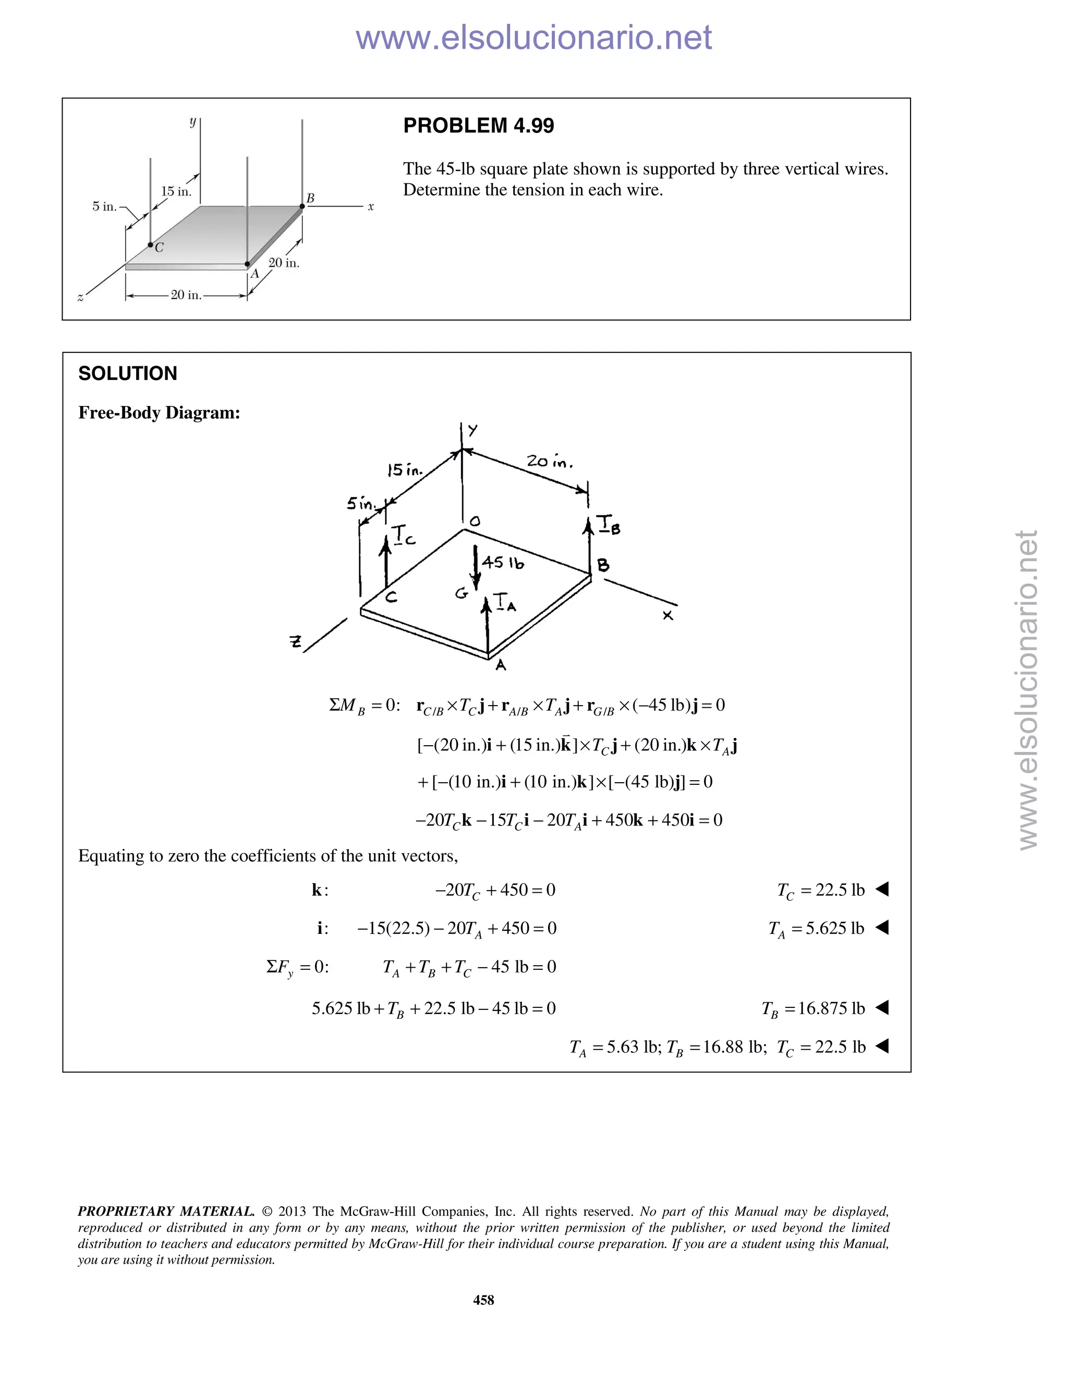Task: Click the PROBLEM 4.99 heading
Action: coord(478,126)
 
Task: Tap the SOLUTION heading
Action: coord(128,374)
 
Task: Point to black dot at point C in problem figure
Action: coord(151,245)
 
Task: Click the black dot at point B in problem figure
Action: coord(302,206)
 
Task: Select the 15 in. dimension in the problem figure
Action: coord(176,192)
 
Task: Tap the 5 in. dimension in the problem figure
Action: coord(104,206)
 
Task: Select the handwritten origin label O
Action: coord(475,522)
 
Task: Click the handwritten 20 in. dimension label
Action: coord(549,462)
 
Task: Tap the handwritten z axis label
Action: coord(295,643)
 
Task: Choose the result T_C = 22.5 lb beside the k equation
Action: coord(821,890)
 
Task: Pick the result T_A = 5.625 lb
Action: coord(816,929)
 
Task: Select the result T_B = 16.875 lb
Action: coord(813,1008)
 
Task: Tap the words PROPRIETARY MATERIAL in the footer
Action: coord(166,1212)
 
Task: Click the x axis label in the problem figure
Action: coord(371,207)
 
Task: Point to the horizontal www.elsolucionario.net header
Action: coord(533,38)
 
